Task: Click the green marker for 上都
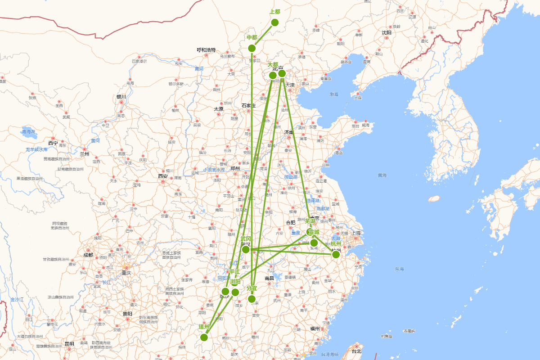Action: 275,22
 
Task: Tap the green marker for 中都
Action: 252,48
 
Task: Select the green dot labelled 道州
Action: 204,337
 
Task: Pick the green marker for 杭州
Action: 336,254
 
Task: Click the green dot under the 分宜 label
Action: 252,299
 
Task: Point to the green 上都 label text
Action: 275,12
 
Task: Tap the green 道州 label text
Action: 204,327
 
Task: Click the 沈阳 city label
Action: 387,32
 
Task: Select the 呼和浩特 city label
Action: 206,50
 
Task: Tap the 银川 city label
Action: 121,97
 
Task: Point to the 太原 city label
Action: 219,109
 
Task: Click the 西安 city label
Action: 162,176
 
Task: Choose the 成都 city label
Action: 88,255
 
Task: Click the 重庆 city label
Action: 126,273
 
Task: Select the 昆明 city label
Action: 69,344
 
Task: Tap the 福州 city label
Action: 315,328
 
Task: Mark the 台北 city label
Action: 356,351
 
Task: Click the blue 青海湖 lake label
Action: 29,132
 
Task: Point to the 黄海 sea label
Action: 382,175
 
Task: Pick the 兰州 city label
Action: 85,154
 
